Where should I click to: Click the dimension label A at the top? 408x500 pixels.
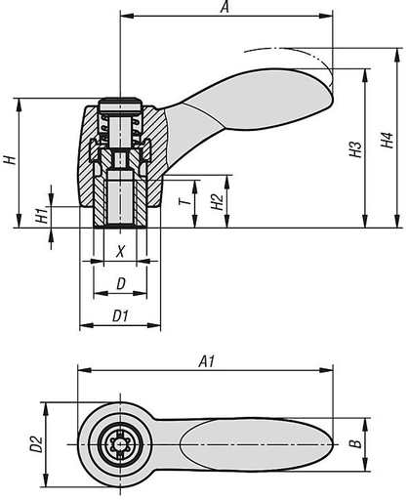[225, 8]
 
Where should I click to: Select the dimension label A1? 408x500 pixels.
[206, 361]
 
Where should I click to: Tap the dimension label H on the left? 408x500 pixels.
[9, 159]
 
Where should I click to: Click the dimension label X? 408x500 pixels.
[120, 251]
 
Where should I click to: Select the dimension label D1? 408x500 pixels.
[120, 315]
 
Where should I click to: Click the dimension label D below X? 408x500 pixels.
[120, 283]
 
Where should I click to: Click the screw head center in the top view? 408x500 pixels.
[120, 444]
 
